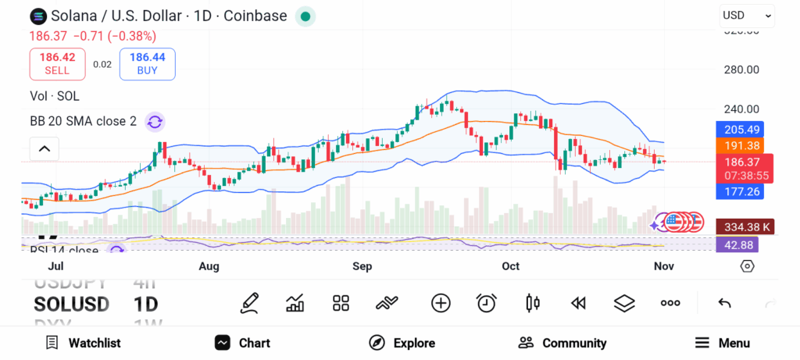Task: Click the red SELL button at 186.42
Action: pos(57,63)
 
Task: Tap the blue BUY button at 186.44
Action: pos(147,63)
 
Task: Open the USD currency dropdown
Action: pos(746,15)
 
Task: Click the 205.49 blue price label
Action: pos(740,130)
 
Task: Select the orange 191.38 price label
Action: pos(740,146)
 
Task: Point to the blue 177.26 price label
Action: pos(740,191)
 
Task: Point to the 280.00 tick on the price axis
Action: pos(741,70)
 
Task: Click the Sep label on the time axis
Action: pos(362,266)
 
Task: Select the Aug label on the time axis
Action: pos(209,266)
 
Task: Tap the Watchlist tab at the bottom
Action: pos(83,343)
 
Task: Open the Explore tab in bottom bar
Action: pos(402,343)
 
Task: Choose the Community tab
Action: pos(562,343)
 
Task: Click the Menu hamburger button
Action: pos(723,343)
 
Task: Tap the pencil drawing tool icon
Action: pos(249,303)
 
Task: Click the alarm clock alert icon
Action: pos(487,303)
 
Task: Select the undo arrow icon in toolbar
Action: pos(724,303)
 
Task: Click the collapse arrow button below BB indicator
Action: pos(45,148)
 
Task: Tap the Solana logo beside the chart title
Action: pos(37,16)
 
